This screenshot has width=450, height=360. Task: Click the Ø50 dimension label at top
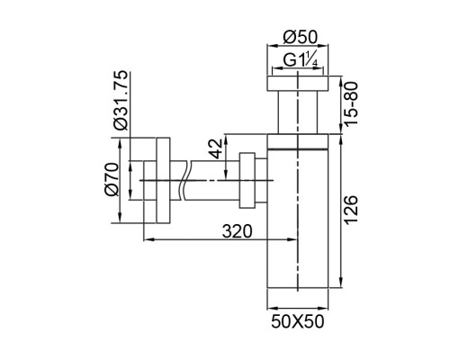tap(300, 38)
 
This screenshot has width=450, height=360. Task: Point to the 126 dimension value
tap(351, 210)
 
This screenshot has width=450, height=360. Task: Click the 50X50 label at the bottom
tap(298, 321)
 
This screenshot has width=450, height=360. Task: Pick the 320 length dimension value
tap(238, 231)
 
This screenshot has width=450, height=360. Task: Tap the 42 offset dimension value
tap(217, 148)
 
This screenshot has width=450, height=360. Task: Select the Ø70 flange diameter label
tap(112, 179)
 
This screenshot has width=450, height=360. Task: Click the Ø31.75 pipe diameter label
tap(121, 101)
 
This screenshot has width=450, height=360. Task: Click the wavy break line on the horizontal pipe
tap(184, 180)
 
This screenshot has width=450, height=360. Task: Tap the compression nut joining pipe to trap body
tap(247, 180)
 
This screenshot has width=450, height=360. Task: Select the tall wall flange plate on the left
tap(163, 180)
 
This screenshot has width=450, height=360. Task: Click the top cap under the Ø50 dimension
tap(298, 83)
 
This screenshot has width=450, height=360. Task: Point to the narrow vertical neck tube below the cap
tap(298, 112)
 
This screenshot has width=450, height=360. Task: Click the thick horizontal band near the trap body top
tap(298, 148)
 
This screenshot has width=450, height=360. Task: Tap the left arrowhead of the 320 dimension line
tap(147, 239)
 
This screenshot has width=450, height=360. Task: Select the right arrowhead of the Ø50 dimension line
tap(324, 46)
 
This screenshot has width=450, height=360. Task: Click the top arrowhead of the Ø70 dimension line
tap(120, 143)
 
